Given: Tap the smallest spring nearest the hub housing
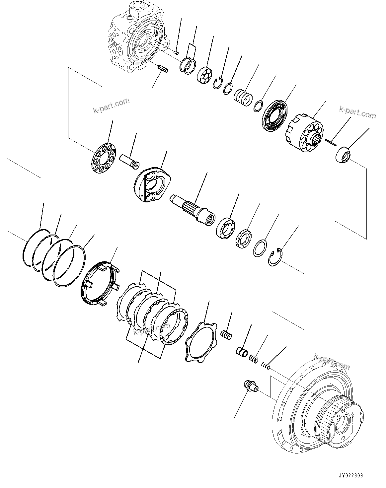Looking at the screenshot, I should click(x=266, y=366).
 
